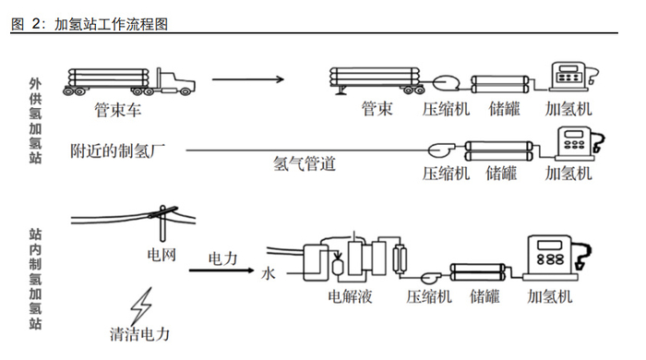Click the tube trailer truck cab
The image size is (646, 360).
click(179, 80)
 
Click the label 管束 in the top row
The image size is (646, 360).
click(377, 109)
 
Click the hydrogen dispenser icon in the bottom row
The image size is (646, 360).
click(551, 256)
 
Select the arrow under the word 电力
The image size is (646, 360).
click(221, 271)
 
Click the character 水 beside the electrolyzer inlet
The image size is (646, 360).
click(269, 274)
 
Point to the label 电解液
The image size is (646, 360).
click(351, 297)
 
